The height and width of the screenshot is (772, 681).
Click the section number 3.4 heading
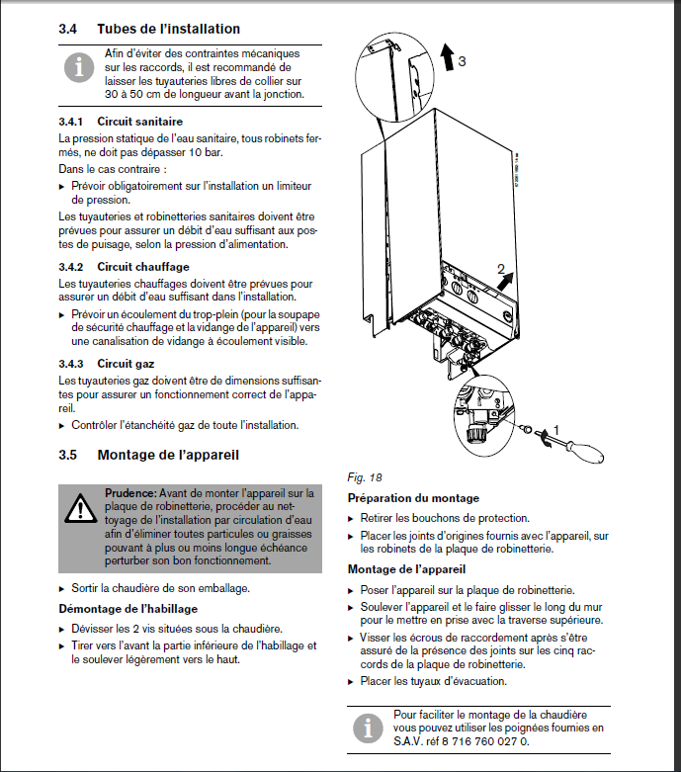[x=68, y=29]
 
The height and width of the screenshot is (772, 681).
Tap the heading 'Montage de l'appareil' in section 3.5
[x=168, y=455]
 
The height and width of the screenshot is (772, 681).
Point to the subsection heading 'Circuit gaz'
[x=126, y=364]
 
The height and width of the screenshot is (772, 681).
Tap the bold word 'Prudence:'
[x=131, y=492]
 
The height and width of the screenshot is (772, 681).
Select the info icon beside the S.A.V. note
[x=368, y=728]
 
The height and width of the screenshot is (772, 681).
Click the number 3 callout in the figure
[x=462, y=60]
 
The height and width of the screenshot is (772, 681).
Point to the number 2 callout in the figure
[x=501, y=269]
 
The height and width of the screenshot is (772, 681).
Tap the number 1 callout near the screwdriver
[x=555, y=430]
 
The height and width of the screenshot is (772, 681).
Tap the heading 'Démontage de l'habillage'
[x=128, y=609]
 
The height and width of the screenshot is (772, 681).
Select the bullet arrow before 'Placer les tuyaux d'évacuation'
[x=352, y=681]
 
